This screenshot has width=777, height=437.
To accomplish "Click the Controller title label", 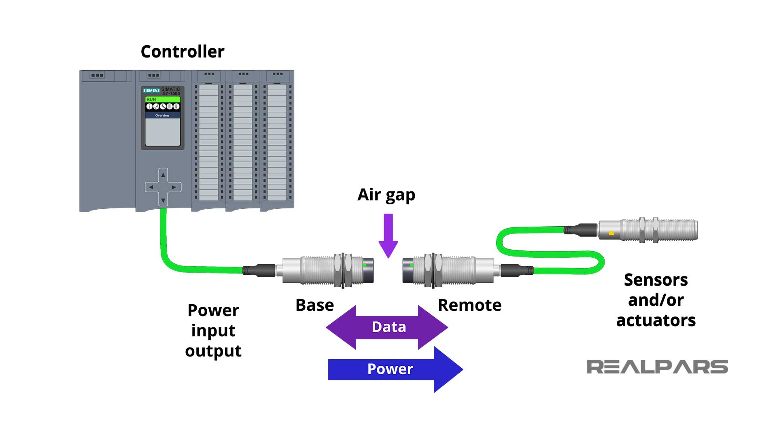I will (182, 51).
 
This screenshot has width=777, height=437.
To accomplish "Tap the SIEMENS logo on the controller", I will (151, 90).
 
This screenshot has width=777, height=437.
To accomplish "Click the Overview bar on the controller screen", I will (162, 115).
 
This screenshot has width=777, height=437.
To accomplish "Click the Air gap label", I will (386, 195).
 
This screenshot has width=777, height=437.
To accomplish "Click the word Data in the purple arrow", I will (388, 327).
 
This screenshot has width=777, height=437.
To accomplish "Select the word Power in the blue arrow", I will (390, 369).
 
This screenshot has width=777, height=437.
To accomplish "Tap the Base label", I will (314, 305).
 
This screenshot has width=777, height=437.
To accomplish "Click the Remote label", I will (469, 305).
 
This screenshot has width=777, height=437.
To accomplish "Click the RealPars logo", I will (657, 367).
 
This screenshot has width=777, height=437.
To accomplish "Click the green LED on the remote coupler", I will (412, 265).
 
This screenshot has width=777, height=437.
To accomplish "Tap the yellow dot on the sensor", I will (611, 233).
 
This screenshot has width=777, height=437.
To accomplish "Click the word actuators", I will (656, 320).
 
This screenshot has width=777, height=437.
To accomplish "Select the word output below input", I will (213, 351).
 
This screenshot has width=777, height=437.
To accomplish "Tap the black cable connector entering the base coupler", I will (259, 270).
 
